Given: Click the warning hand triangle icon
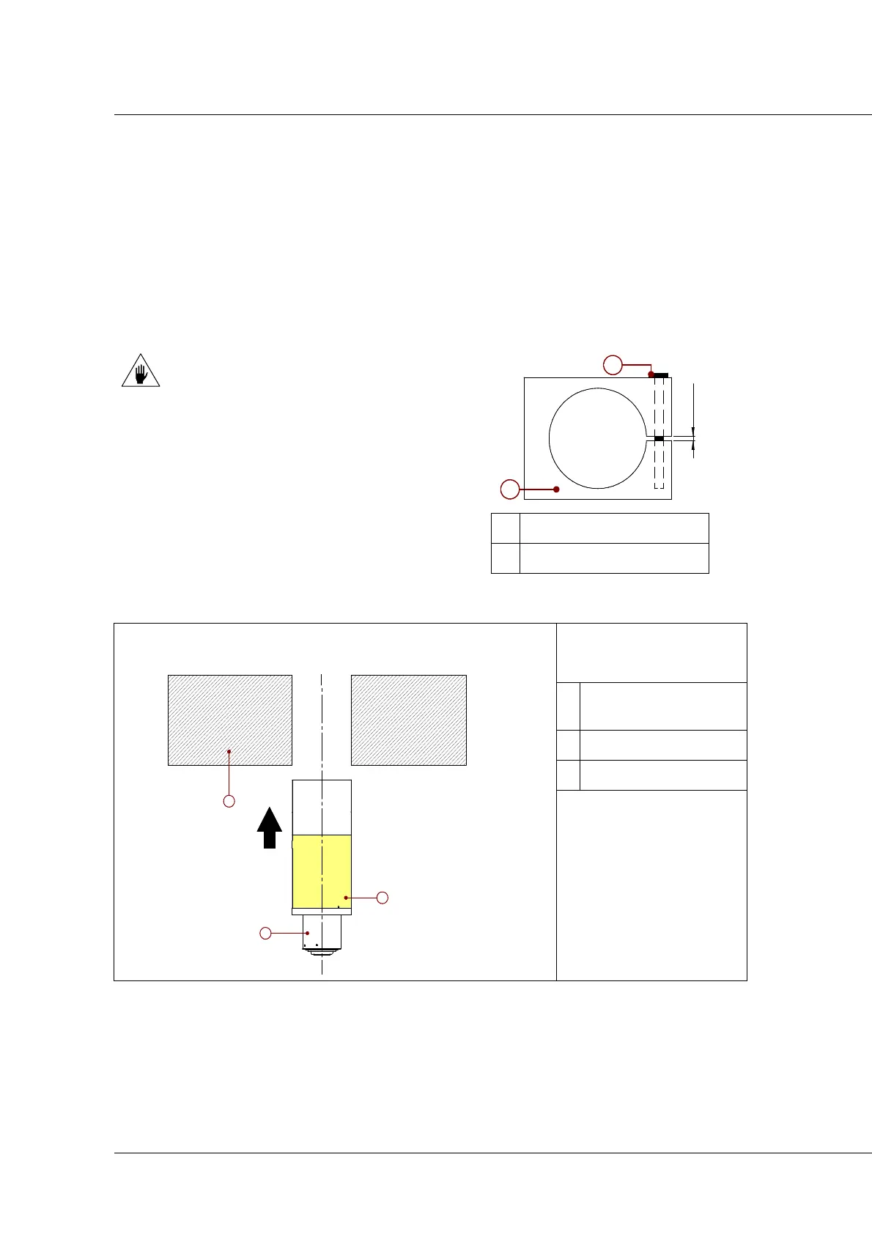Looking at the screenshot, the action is click(140, 372).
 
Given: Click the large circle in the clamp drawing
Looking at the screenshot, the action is click(598, 438).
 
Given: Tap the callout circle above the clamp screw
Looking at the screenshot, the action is click(613, 363).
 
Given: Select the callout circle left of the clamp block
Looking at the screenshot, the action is click(510, 489).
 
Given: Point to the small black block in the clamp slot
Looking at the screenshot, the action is click(659, 438).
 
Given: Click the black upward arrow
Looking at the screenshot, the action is click(270, 828).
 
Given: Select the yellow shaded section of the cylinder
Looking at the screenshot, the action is click(322, 871).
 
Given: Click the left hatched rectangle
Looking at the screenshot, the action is click(230, 720).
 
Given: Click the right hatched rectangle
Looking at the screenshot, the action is click(409, 720).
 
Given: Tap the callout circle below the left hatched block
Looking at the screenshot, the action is click(229, 801).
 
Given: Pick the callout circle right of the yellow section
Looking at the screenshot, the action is click(382, 898).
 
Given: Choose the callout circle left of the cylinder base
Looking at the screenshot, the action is click(266, 933).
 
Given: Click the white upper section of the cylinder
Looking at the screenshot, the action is click(322, 807).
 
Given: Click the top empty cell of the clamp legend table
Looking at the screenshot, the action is click(614, 528).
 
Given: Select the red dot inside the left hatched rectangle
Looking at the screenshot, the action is click(229, 751).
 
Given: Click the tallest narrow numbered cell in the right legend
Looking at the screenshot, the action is click(568, 706).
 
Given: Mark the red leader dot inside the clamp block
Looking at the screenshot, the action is click(557, 489).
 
